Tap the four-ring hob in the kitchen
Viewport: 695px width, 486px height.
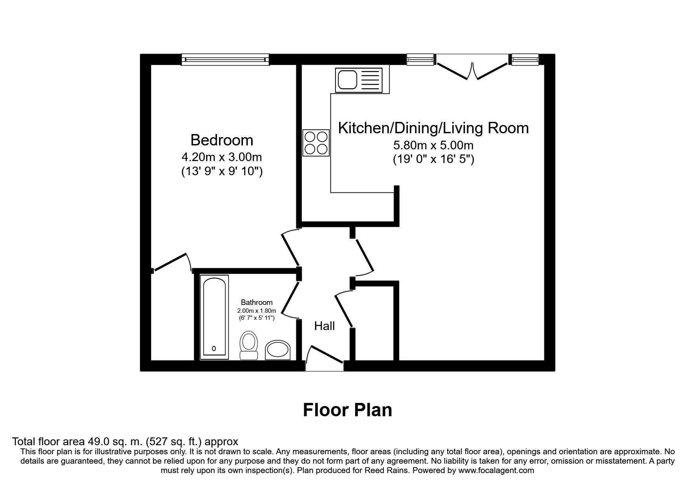pyautogui.click(x=316, y=143)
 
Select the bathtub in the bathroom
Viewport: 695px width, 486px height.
pyautogui.click(x=214, y=317)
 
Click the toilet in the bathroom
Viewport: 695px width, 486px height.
pyautogui.click(x=248, y=345)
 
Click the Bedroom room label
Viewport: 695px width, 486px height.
pyautogui.click(x=222, y=140)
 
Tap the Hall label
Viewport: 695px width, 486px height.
pyautogui.click(x=325, y=326)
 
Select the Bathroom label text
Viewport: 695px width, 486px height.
pyautogui.click(x=257, y=303)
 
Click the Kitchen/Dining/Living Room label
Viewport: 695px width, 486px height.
pyautogui.click(x=433, y=128)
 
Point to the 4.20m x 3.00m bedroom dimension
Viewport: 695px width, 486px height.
pyautogui.click(x=222, y=157)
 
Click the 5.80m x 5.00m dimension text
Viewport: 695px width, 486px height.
pyautogui.click(x=434, y=145)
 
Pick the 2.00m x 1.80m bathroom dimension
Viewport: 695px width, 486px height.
pyautogui.click(x=257, y=311)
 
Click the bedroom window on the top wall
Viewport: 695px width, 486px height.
pyautogui.click(x=225, y=59)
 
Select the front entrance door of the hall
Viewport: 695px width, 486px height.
pyautogui.click(x=324, y=358)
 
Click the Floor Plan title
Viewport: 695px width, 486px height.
pyautogui.click(x=347, y=410)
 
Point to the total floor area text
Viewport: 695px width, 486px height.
pyautogui.click(x=125, y=442)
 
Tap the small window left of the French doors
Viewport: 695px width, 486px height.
pyautogui.click(x=420, y=60)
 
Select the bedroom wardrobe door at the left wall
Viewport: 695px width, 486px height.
pyautogui.click(x=171, y=263)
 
